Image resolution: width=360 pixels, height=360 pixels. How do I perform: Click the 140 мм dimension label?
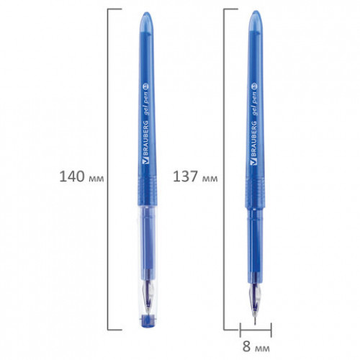click(x=81, y=176)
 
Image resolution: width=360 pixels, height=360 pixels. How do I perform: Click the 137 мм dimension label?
click(x=195, y=176)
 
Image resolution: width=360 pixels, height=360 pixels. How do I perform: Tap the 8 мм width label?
click(x=256, y=346)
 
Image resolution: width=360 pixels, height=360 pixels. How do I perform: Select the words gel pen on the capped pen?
click(x=146, y=104)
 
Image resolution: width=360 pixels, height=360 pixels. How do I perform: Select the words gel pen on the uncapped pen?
click(x=254, y=104)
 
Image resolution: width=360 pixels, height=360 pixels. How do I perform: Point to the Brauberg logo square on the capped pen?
click(x=145, y=161)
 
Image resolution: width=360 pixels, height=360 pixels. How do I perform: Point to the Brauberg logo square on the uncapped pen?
click(x=253, y=161)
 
